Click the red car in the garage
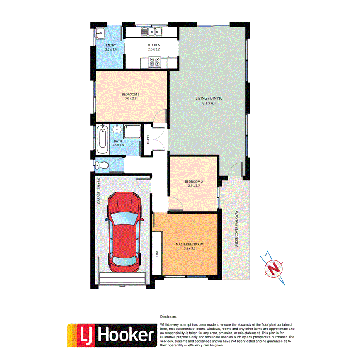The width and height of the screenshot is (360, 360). [x=125, y=233]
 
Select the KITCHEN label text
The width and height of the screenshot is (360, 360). [x=153, y=45]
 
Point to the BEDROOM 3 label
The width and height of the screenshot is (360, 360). [x=130, y=95]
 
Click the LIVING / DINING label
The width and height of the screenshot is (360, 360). [x=209, y=98]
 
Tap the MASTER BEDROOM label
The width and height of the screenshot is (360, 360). [x=189, y=244]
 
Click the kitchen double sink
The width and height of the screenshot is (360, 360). [x=156, y=31]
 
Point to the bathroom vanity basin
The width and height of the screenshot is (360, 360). [x=118, y=129]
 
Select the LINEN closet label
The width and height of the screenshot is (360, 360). [x=148, y=139]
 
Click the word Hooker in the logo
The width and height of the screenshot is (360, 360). [x=125, y=334]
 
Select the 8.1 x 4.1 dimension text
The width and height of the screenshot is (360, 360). [x=209, y=103]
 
